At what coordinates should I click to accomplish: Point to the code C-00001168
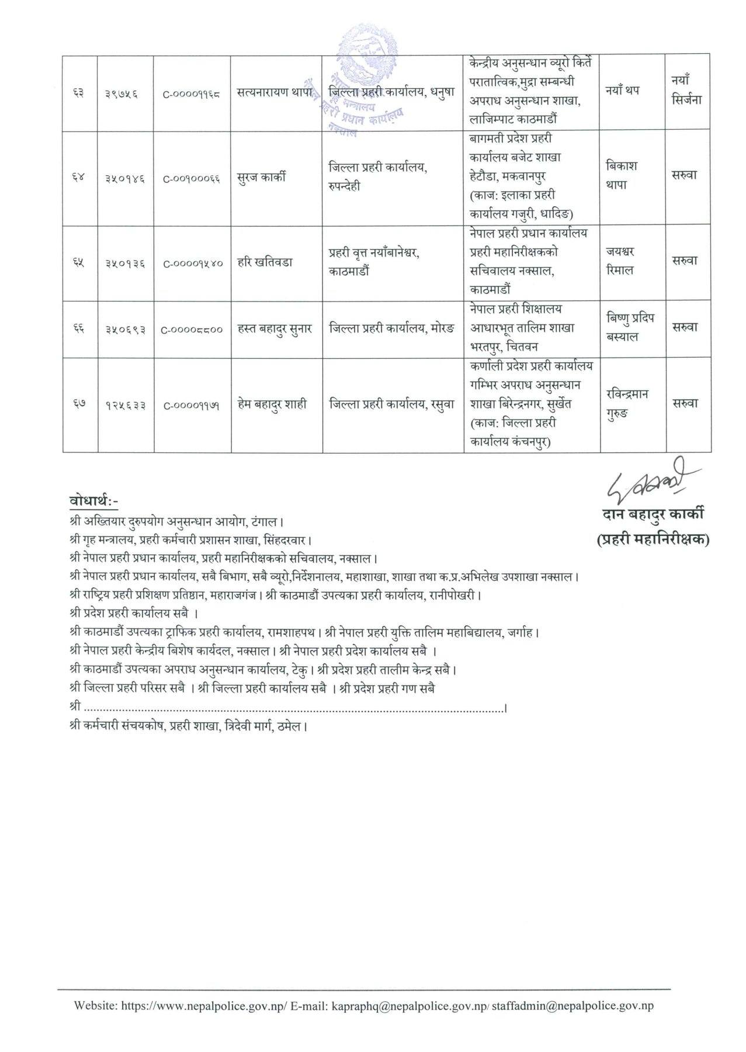pyautogui.click(x=192, y=92)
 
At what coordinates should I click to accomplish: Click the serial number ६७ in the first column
pyautogui.click(x=79, y=404)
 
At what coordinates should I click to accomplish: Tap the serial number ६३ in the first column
pyautogui.click(x=79, y=92)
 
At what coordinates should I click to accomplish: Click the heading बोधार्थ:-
pyautogui.click(x=93, y=501)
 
